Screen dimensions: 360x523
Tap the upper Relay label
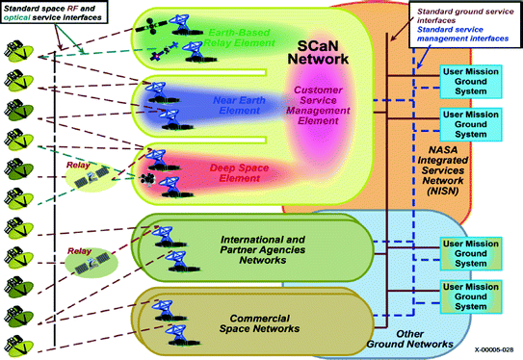pyautogui.click(x=78, y=165)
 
